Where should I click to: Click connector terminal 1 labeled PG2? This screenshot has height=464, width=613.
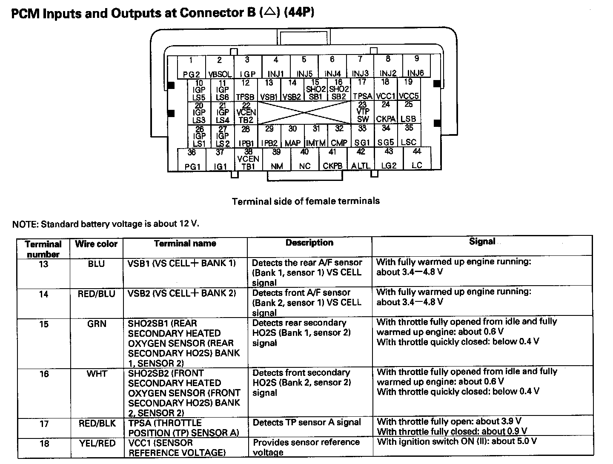pos(191,67)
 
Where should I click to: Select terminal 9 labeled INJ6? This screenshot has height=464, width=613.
pos(416,66)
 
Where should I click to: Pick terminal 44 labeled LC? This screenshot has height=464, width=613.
pos(417,159)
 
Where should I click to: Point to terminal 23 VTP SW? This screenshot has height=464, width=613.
pos(363,112)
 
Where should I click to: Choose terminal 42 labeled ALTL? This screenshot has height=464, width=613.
pos(361,159)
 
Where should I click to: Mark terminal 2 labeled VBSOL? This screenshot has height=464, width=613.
pos(220,67)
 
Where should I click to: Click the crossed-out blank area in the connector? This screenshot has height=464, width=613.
pos(304,113)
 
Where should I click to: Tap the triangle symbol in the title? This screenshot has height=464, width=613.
pos(269,12)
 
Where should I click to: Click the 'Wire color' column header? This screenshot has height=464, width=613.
pos(96,244)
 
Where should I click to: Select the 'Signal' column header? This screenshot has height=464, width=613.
pos(482,241)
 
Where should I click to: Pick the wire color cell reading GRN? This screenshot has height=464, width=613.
pos(97,324)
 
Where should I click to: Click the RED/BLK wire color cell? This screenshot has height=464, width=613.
pos(97,424)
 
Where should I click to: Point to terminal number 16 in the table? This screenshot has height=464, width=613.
pos(44,374)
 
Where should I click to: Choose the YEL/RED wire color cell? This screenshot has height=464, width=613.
pos(97,444)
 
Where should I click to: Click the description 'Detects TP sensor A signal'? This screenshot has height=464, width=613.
pos(306,423)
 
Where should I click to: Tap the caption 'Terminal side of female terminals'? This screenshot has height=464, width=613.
pos(306,201)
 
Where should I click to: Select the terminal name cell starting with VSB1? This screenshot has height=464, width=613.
pos(182,263)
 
